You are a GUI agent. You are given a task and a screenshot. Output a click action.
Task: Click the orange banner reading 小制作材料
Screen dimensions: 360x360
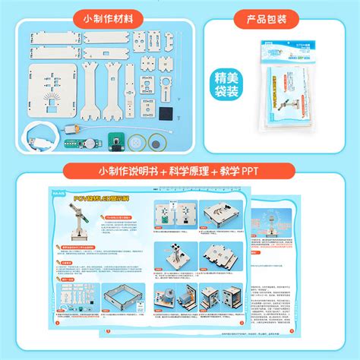pyautogui.click(x=107, y=17)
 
